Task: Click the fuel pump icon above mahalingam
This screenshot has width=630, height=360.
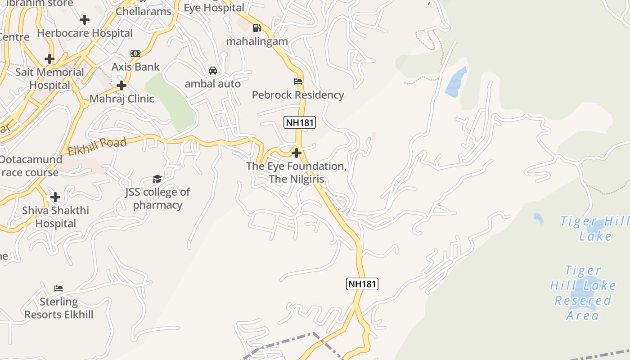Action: pyautogui.click(x=256, y=28)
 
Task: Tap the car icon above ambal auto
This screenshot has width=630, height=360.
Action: pyautogui.click(x=213, y=71)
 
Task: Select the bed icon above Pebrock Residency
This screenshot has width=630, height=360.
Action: pyautogui.click(x=298, y=81)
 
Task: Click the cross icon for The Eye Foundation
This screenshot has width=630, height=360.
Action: pyautogui.click(x=296, y=153)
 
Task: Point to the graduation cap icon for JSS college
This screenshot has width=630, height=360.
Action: pyautogui.click(x=157, y=179)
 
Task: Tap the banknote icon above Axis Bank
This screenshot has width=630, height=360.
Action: pyautogui.click(x=135, y=54)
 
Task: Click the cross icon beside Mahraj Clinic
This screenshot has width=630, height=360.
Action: pyautogui.click(x=121, y=85)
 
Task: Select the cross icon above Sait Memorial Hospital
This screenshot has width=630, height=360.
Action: pyautogui.click(x=49, y=59)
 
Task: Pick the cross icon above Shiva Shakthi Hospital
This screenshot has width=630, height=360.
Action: pyautogui.click(x=55, y=197)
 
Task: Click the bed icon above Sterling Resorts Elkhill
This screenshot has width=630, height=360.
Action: pyautogui.click(x=58, y=288)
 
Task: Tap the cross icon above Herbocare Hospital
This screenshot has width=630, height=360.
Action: pyautogui.click(x=84, y=20)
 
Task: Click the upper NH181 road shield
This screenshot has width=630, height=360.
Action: pyautogui.click(x=300, y=122)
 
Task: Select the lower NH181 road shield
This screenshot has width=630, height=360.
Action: pyautogui.click(x=362, y=284)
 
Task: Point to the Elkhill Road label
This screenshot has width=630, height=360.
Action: pyautogui.click(x=97, y=147)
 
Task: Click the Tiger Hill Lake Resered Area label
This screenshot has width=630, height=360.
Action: pyautogui.click(x=583, y=293)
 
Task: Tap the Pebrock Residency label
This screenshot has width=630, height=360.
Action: pyautogui.click(x=298, y=95)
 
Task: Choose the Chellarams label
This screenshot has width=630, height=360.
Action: pyautogui.click(x=144, y=11)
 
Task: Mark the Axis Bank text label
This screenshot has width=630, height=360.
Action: pyautogui.click(x=135, y=67)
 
